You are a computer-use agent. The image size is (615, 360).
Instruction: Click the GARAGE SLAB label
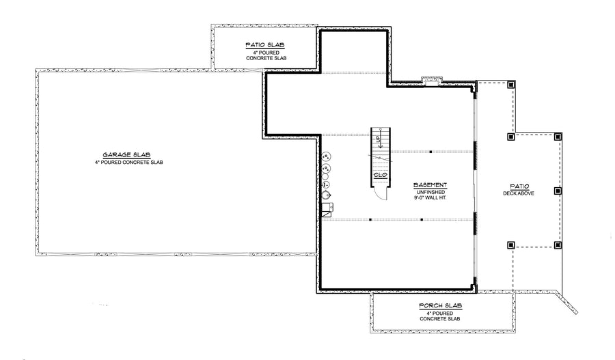click(126, 155)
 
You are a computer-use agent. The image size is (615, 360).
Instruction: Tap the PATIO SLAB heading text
click(265, 45)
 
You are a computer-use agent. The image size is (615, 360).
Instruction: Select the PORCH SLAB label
click(441, 305)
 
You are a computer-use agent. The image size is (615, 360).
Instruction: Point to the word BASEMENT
click(430, 185)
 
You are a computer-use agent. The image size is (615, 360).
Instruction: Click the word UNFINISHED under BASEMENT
click(430, 192)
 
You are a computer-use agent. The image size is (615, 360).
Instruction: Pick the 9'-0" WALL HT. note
click(430, 198)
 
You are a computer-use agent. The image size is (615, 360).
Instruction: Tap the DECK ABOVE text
click(519, 193)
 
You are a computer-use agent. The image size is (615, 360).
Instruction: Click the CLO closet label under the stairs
click(380, 176)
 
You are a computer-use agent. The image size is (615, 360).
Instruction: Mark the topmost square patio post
click(510, 84)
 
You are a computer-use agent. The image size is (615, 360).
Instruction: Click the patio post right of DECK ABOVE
click(558, 191)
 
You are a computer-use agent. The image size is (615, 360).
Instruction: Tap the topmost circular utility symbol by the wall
click(326, 156)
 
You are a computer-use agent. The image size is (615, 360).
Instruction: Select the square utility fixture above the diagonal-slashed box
click(327, 207)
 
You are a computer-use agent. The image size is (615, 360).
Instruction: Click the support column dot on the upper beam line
click(430, 152)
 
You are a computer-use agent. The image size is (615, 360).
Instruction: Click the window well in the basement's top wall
click(432, 81)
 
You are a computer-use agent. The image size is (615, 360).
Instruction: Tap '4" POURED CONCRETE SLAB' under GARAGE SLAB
click(128, 163)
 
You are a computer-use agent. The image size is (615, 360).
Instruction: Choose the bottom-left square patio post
click(510, 245)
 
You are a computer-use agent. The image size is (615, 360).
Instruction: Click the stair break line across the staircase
click(380, 158)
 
